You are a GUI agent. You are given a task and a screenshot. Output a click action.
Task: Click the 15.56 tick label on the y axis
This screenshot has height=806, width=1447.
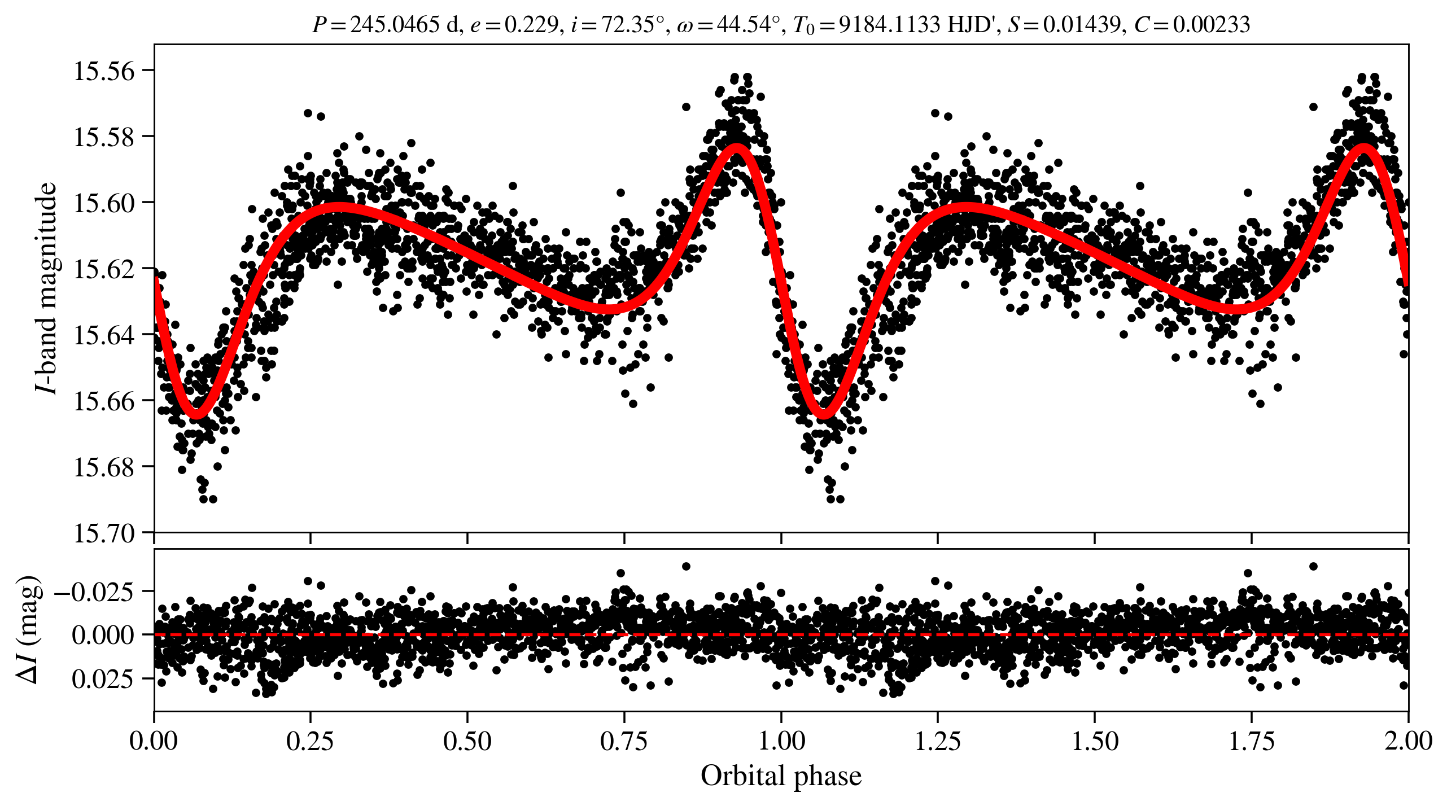pyautogui.click(x=104, y=71)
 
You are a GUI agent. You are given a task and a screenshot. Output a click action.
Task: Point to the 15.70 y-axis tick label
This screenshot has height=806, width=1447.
pyautogui.click(x=104, y=533)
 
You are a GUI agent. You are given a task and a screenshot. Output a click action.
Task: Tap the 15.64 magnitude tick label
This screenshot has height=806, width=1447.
pyautogui.click(x=104, y=335)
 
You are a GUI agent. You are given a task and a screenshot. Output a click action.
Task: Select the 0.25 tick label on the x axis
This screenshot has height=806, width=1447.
pyautogui.click(x=310, y=741)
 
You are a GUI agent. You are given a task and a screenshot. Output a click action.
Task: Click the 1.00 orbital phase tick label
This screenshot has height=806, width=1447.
pyautogui.click(x=781, y=741)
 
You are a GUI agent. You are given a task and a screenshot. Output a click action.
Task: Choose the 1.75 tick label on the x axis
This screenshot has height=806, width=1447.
pyautogui.click(x=1252, y=741)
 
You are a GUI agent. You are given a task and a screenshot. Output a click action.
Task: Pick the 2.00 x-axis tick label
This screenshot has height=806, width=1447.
pyautogui.click(x=1408, y=741)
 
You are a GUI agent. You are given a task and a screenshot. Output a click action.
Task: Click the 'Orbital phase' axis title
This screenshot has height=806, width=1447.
pyautogui.click(x=781, y=776)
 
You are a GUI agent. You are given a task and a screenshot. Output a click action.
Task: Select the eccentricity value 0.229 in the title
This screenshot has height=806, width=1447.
pyautogui.click(x=531, y=25)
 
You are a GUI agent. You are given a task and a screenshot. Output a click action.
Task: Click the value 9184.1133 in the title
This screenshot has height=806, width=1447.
pyautogui.click(x=890, y=25)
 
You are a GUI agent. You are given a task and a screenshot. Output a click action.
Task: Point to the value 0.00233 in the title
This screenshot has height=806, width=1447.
pyautogui.click(x=1214, y=25)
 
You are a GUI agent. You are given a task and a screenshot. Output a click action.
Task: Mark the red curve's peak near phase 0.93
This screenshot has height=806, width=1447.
pyautogui.click(x=737, y=148)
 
